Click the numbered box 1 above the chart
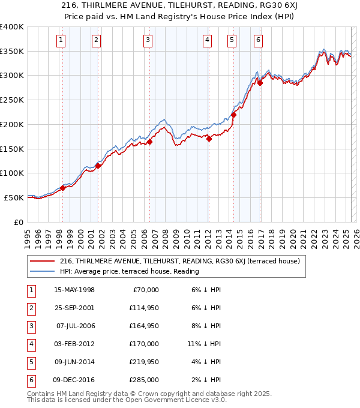(62, 41)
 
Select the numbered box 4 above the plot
(207, 41)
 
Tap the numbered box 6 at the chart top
(258, 41)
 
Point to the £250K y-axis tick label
(12, 100)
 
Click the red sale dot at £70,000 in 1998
(62, 188)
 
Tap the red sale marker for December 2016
(260, 83)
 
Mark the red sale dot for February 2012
(209, 139)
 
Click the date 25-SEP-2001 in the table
(74, 308)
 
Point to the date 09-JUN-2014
(74, 362)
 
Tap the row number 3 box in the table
(30, 326)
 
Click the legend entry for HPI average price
(129, 271)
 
